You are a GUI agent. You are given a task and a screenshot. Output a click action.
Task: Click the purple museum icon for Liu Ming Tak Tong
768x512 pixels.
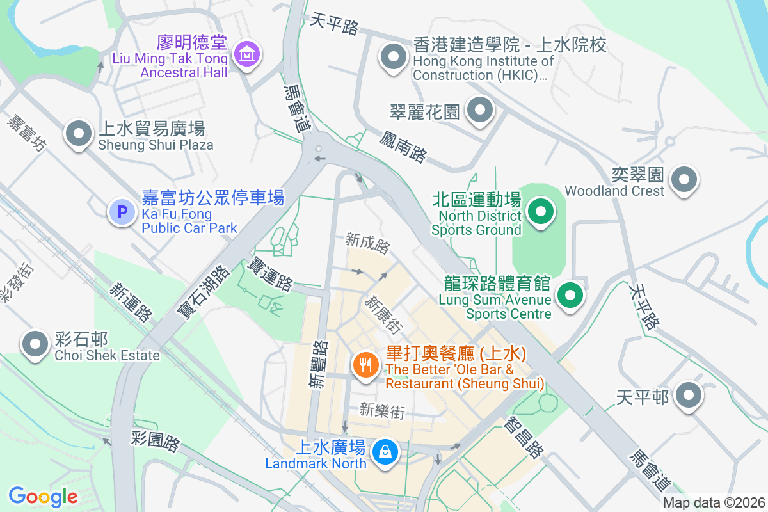pos(247,54)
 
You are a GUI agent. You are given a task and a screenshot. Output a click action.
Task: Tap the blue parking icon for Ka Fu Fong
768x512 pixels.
pos(121,211)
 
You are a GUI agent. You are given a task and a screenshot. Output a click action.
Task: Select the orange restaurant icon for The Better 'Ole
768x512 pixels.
pos(365,365)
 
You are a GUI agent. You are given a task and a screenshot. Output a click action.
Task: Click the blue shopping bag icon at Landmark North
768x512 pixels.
pos(385,452)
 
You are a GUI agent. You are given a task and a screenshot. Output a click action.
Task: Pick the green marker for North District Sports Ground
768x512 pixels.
pos(541,211)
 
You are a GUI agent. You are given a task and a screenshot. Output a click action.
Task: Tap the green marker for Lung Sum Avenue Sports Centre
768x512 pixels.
pos(571,296)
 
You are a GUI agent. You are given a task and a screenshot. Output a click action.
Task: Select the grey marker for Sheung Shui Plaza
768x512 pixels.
pos(79,134)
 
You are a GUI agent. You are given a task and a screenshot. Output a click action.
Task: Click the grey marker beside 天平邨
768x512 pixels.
pos(689,395)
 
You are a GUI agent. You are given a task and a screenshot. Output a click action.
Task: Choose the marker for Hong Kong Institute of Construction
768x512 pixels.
pos(394,57)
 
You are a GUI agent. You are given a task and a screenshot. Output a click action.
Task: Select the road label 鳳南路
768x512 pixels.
pos(403,146)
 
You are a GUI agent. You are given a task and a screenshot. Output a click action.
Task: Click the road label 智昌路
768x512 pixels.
pos(524,437)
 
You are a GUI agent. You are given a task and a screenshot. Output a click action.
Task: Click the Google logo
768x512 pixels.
pos(43,496)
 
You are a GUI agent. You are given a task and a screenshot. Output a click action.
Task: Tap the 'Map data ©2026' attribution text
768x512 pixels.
pos(714,502)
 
